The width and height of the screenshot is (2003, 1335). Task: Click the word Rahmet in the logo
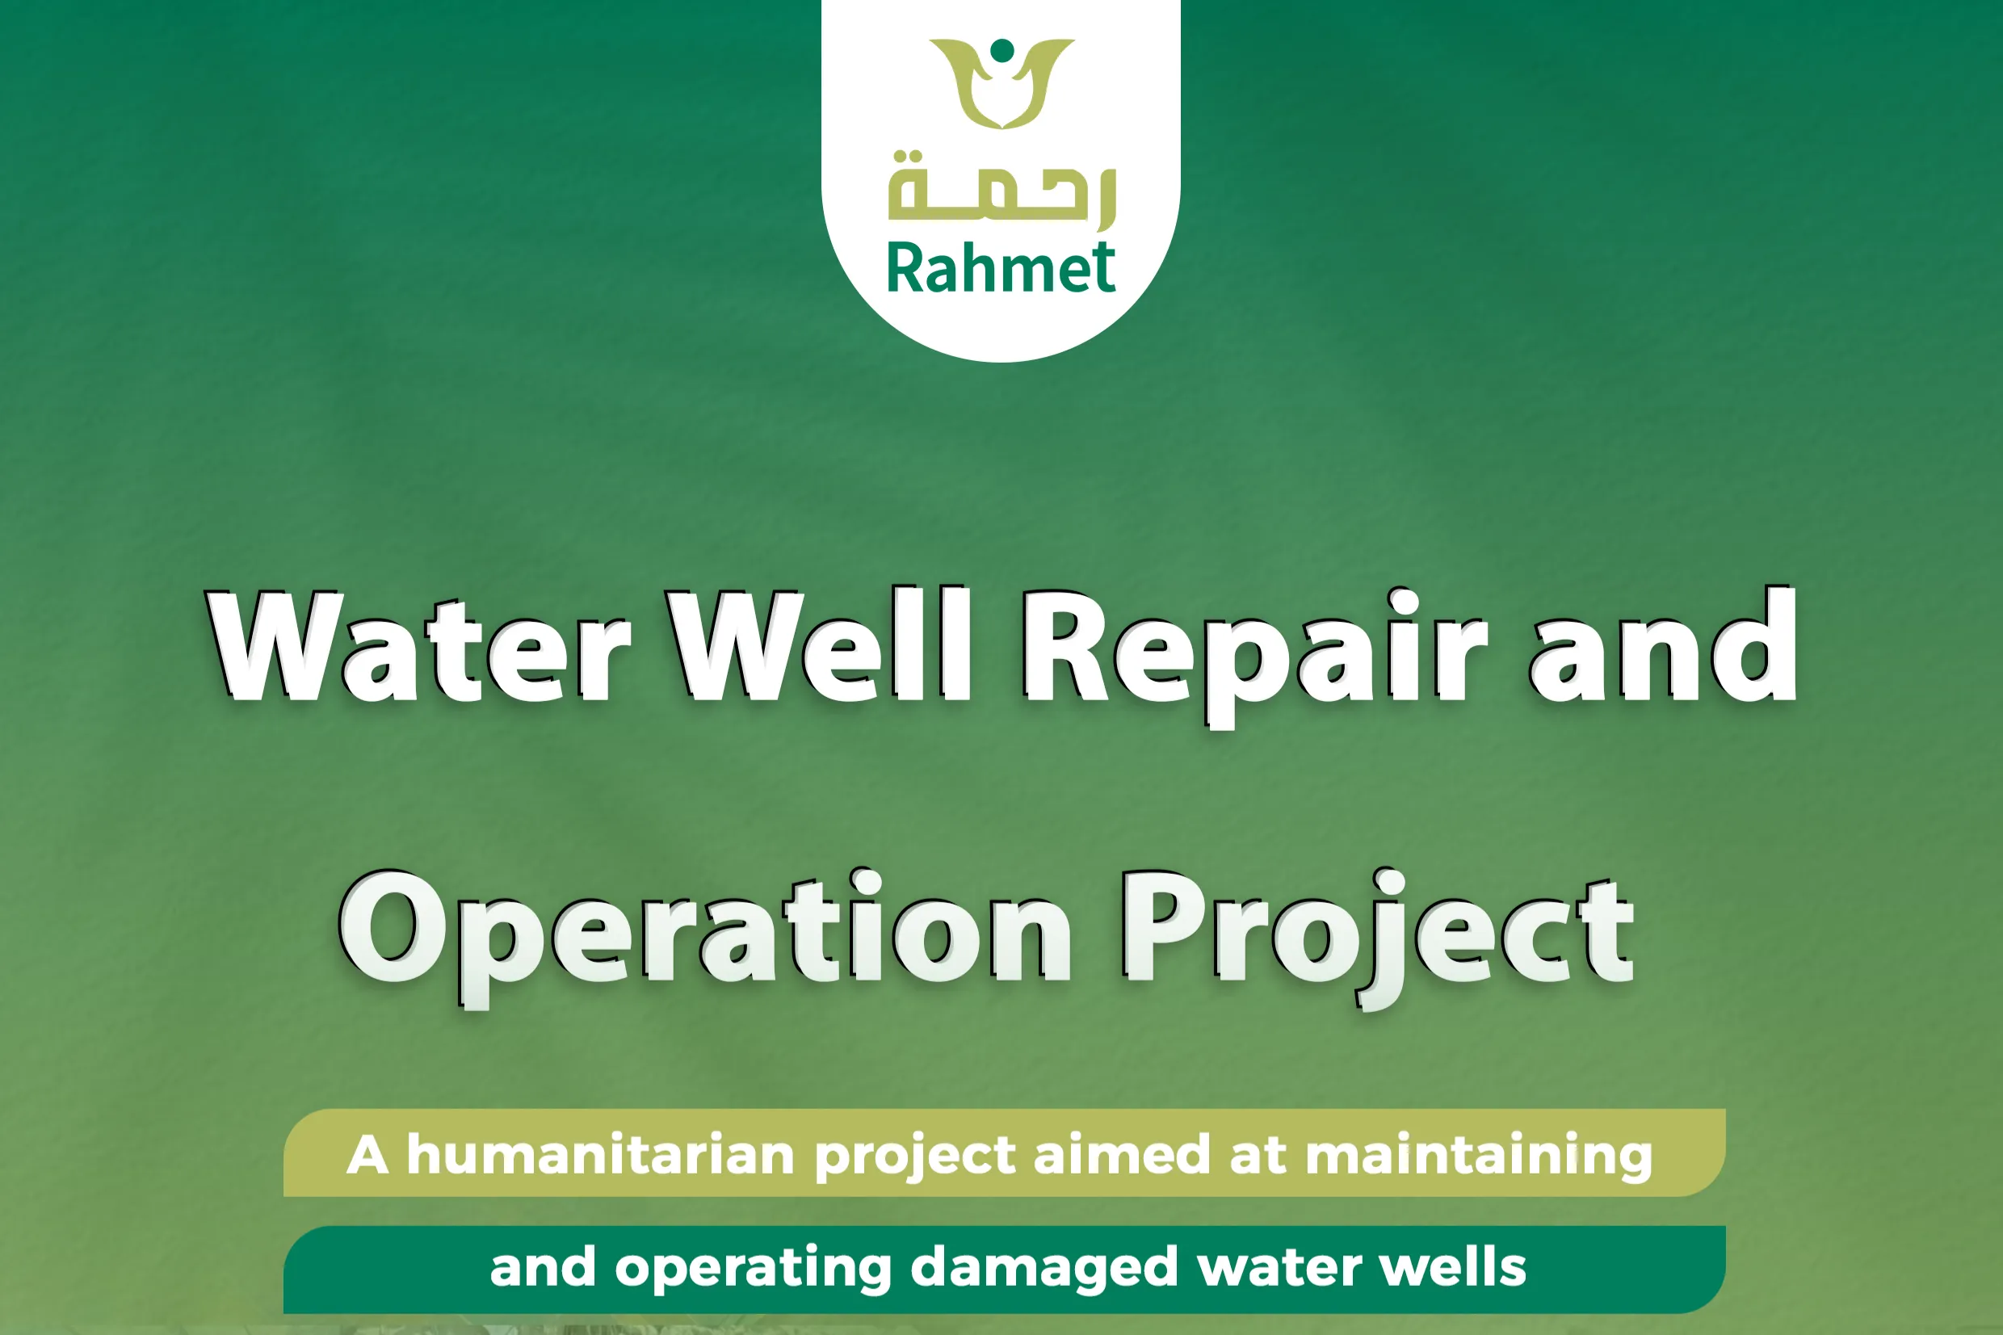coord(1001,268)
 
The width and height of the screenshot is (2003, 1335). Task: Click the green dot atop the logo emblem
coord(1003,50)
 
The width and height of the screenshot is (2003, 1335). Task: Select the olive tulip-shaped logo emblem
coord(1002,83)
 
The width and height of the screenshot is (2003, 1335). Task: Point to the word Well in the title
coord(820,645)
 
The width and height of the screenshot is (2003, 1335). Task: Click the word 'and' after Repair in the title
coord(1663,645)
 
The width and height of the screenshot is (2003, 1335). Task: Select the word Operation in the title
coord(706,937)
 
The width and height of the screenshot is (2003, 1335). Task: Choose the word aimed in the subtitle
coord(1122,1156)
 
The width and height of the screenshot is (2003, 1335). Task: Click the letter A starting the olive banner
coord(367,1156)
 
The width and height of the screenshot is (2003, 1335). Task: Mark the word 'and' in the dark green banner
coord(543,1267)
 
